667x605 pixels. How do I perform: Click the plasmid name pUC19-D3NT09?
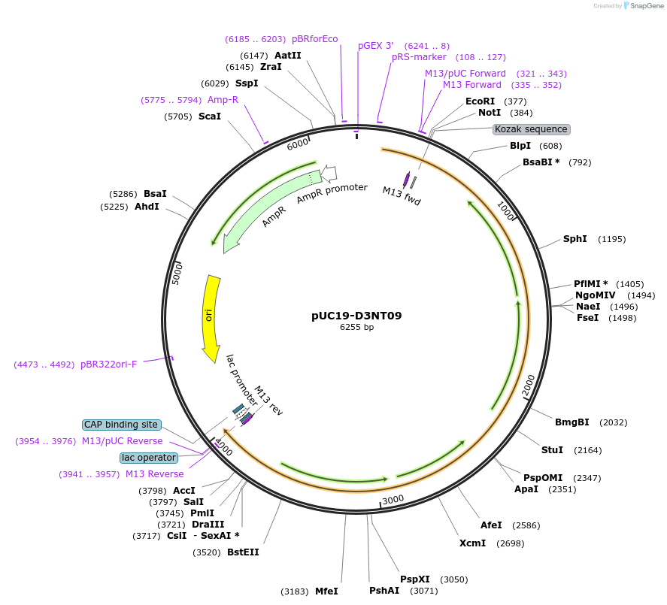click(356, 316)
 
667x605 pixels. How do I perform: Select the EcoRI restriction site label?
click(480, 101)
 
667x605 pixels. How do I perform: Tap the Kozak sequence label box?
click(531, 129)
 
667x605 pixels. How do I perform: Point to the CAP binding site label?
click(121, 425)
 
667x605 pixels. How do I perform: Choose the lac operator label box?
click(148, 457)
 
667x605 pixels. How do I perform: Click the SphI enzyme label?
click(575, 239)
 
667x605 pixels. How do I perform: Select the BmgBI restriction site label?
click(571, 422)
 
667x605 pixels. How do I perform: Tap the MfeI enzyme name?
click(326, 591)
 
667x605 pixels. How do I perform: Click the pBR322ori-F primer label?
click(109, 365)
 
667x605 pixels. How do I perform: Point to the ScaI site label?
click(210, 116)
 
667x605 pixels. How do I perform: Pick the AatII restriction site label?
click(287, 56)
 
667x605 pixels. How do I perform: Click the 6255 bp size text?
click(356, 328)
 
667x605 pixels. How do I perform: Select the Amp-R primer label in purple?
click(223, 100)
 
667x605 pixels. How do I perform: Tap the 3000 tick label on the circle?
click(393, 499)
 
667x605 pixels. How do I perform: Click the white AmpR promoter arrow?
click(329, 174)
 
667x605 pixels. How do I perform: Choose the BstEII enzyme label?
click(242, 552)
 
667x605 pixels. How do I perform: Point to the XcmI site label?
click(472, 543)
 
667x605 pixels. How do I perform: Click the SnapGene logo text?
click(646, 6)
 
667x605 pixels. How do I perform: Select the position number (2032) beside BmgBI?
click(613, 422)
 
